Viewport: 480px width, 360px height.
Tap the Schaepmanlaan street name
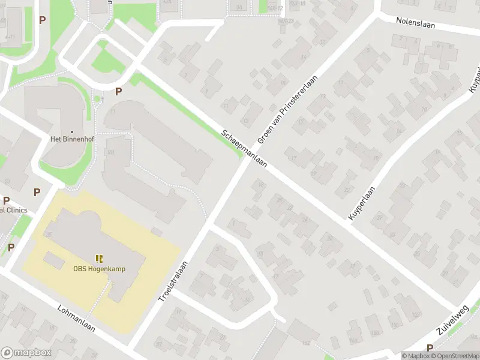(243, 149)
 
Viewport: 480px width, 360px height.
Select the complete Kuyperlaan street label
(361, 203)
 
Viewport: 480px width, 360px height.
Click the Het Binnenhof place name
(73, 139)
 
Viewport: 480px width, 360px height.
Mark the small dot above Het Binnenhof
(73, 131)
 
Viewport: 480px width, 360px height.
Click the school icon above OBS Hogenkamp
(99, 259)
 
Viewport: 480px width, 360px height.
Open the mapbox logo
(26, 353)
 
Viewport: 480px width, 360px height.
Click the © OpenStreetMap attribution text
(454, 356)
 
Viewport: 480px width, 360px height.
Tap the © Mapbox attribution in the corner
(416, 356)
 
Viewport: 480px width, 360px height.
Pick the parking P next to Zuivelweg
(430, 348)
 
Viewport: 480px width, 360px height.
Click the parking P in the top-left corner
(42, 20)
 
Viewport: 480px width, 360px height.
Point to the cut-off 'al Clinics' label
(13, 209)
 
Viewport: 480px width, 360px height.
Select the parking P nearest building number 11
(118, 92)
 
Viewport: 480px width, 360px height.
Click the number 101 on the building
(110, 152)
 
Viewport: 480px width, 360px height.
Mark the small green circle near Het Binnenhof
(97, 99)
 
